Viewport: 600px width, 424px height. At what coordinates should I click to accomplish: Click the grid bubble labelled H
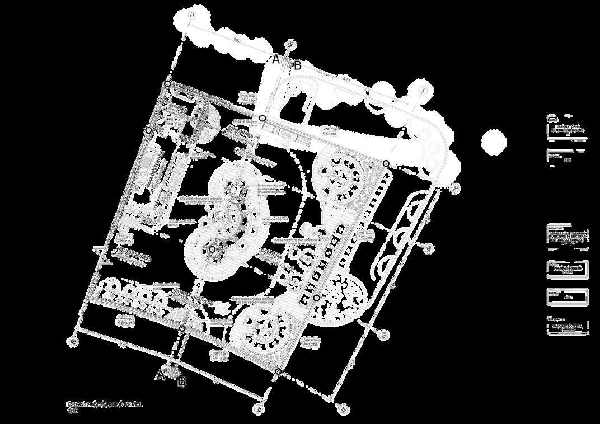[x=193, y=15]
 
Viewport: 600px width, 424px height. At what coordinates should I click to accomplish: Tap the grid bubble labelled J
[x=423, y=91]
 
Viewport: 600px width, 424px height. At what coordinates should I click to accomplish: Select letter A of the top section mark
[x=275, y=59]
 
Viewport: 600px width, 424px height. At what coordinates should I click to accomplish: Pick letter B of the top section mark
[x=298, y=65]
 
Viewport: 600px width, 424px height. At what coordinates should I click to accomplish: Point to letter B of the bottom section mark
[x=181, y=383]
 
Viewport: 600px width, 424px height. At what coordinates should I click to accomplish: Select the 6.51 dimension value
[x=347, y=80]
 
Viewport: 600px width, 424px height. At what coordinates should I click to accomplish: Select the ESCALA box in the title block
[x=568, y=297]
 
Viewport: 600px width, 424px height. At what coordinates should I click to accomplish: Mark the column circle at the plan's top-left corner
[x=167, y=84]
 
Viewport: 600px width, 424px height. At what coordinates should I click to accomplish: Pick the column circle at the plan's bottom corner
[x=278, y=371]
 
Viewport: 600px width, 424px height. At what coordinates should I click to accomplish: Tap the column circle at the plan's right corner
[x=386, y=163]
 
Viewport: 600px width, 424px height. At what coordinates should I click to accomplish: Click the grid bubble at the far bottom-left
[x=72, y=340]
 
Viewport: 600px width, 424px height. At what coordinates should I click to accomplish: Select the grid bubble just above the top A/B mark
[x=290, y=44]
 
